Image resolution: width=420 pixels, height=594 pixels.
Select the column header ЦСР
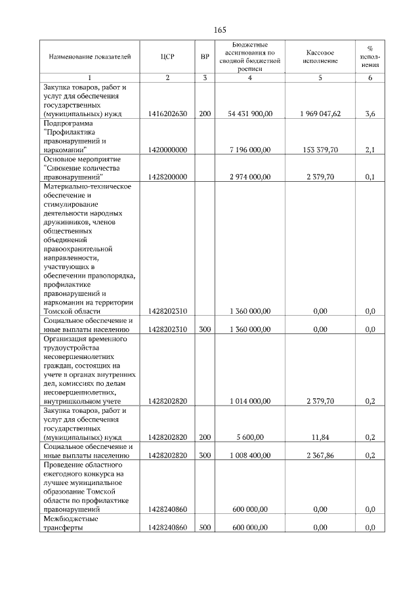167,56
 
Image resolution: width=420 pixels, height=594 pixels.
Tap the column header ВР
205,56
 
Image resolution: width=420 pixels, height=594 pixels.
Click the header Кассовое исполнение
320,56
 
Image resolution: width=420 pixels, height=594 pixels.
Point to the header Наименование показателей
85,56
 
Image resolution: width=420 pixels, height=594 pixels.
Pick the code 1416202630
167,114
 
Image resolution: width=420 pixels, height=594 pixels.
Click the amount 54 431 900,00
250,114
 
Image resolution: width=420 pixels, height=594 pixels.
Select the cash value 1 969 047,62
320,114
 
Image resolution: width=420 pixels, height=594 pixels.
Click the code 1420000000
167,150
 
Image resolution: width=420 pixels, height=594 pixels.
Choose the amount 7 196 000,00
250,150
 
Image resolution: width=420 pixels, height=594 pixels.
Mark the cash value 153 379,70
320,150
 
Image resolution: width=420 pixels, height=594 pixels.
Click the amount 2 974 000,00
250,177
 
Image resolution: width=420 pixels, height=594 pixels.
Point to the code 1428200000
167,177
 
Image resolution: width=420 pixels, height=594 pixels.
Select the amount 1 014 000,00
250,400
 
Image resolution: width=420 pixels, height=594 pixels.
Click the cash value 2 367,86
320,455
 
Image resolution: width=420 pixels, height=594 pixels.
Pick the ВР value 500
205,527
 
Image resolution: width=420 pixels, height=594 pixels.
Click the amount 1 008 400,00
250,455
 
